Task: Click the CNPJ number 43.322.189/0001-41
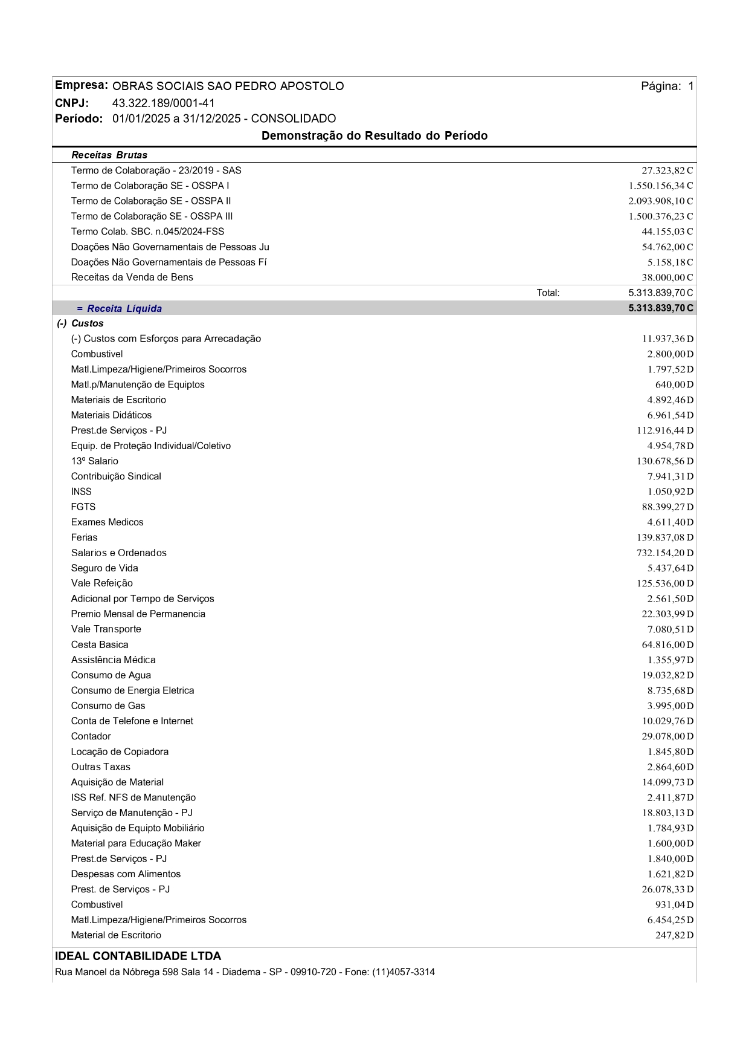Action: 163,103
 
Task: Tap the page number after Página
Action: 690,86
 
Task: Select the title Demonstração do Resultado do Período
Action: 374,135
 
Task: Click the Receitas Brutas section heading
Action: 109,155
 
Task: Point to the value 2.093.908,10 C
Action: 660,201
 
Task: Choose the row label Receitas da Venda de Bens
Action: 132,277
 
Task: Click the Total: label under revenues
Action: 548,293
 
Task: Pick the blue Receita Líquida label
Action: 124,308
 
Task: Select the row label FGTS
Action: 83,507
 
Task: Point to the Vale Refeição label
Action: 101,583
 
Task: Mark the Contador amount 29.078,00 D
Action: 667,736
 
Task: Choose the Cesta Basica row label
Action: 100,644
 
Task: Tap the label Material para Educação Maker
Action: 136,843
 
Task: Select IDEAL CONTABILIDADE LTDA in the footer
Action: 138,956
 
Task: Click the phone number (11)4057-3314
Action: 403,972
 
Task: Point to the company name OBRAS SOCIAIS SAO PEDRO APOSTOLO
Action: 228,86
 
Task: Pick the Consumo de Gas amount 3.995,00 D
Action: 670,706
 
